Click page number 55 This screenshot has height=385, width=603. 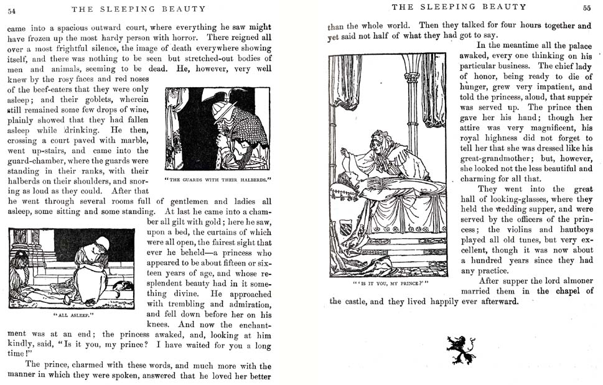point(586,7)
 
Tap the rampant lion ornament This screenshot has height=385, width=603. point(461,350)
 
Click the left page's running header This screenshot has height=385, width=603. point(138,9)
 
